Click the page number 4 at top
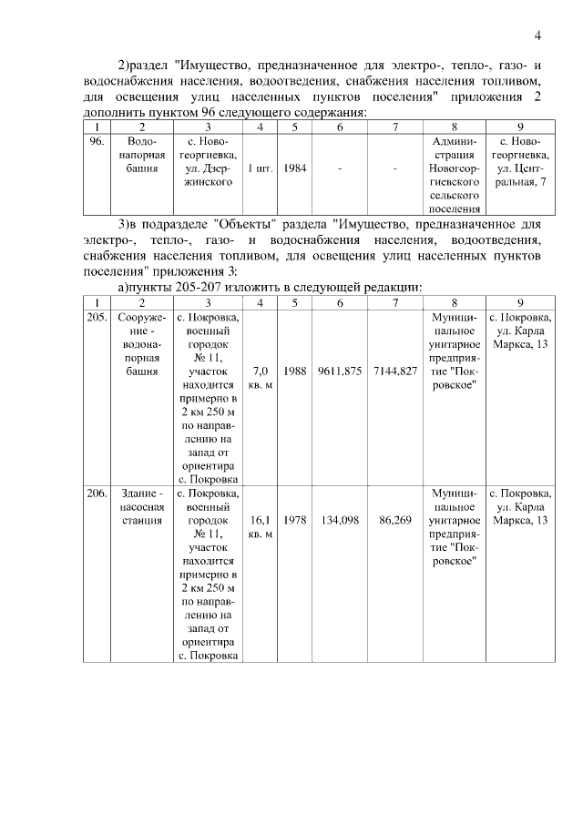537,36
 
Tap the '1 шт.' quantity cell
260,168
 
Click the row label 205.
97,318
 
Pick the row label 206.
97,493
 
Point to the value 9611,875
340,371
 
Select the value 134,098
340,520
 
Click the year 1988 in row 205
294,371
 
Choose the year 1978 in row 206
294,520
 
